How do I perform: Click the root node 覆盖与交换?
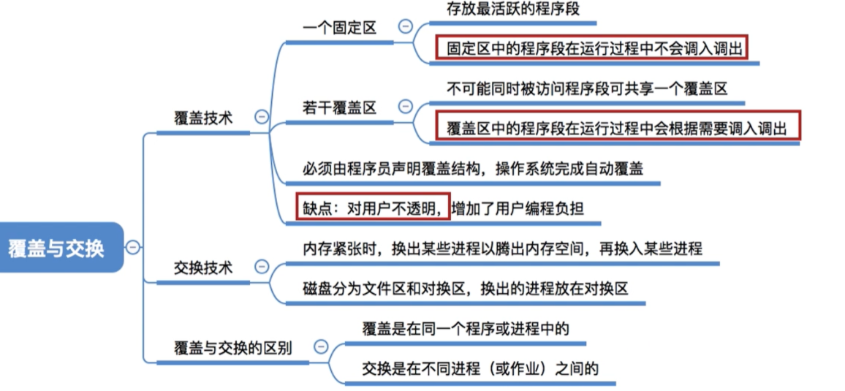point(56,247)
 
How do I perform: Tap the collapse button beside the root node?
point(132,247)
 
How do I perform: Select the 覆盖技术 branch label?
point(203,118)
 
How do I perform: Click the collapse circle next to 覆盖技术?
point(262,117)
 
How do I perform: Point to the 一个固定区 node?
point(339,28)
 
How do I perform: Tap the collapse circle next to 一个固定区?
point(404,26)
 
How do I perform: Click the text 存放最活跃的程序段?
point(513,9)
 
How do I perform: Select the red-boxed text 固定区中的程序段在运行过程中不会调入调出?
point(591,48)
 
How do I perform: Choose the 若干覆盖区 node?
point(339,107)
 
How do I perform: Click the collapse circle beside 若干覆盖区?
point(405,106)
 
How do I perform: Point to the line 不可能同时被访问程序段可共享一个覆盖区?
point(588,88)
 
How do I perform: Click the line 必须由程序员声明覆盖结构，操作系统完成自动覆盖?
point(473,168)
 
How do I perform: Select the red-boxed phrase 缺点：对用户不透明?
point(372,208)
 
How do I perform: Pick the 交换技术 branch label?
point(203,267)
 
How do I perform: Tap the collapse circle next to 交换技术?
point(262,266)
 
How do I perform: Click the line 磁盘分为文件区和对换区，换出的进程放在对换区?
point(466,289)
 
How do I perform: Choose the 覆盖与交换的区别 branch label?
point(232,347)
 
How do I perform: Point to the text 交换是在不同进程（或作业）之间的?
point(481,368)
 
